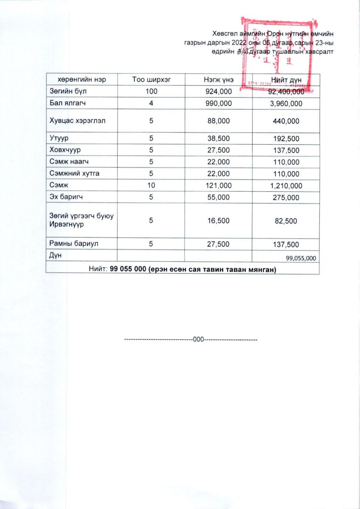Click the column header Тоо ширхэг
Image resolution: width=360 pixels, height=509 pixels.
pyautogui.click(x=151, y=80)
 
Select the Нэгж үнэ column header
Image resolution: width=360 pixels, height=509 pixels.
pyautogui.click(x=218, y=80)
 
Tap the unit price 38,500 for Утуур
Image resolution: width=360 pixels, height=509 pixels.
pyautogui.click(x=218, y=138)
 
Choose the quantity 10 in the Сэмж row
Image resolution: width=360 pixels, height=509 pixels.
pyautogui.click(x=151, y=186)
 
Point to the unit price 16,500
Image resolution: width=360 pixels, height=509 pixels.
pyautogui.click(x=218, y=221)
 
